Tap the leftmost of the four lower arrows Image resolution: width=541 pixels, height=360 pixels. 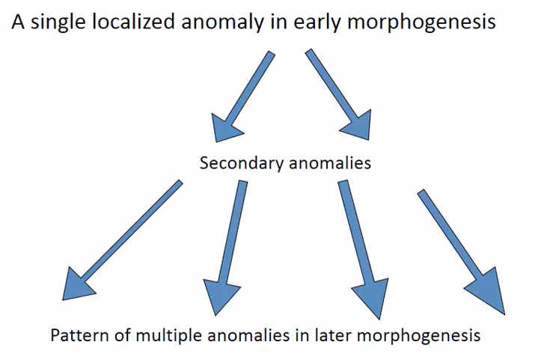[120, 240]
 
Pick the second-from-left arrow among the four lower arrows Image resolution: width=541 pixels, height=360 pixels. [227, 247]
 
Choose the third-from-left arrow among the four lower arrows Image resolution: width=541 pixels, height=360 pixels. [358, 247]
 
